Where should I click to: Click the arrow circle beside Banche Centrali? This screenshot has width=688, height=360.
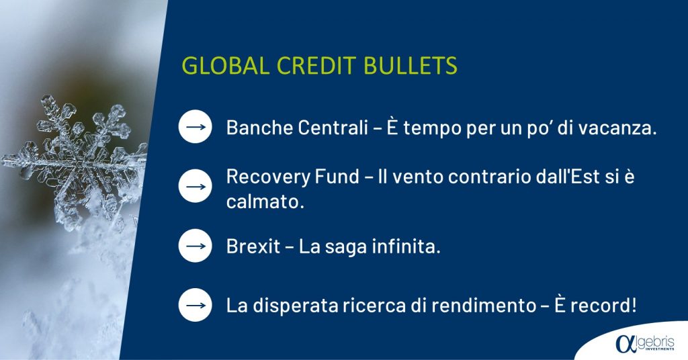196,127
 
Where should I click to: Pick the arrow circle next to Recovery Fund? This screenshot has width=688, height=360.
196,186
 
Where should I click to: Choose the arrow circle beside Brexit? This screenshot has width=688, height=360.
196,246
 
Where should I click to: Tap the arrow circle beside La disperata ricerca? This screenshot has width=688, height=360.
196,305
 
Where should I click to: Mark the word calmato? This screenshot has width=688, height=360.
265,201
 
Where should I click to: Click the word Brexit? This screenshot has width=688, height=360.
253,246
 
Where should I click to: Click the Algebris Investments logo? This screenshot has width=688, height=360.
644,343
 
